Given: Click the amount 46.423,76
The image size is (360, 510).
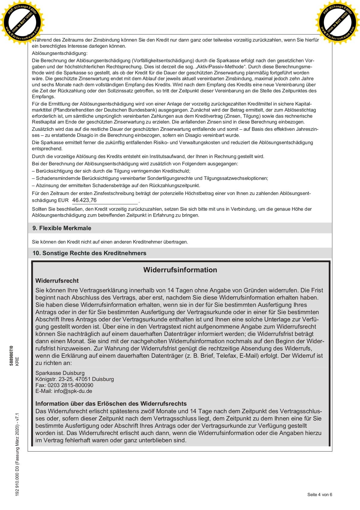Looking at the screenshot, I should coord(84,200).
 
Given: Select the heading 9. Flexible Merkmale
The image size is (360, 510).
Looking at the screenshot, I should coord(62,228).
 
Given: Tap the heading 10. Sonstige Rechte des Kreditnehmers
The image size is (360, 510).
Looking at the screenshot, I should coord(89,253).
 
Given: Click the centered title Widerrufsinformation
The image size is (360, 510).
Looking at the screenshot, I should coord(180,270).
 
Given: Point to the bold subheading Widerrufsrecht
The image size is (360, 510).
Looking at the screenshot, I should coord(57,280).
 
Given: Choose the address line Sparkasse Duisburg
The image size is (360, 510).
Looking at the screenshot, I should coord(60,373).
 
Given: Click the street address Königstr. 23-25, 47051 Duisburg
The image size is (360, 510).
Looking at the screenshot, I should coord(75,379).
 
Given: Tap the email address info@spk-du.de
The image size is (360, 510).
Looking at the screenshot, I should coord(73,391).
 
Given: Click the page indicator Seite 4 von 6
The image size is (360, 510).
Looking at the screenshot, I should coord(320,494).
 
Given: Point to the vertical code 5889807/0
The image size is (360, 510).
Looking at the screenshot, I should coord(11,355).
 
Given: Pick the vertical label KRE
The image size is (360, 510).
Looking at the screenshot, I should coord(17,361).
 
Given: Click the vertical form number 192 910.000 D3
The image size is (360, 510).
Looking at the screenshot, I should coord(17,480).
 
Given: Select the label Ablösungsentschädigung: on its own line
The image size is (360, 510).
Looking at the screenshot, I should coord(60,53).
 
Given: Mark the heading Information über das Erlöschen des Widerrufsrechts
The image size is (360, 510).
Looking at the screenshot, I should coord(111,403).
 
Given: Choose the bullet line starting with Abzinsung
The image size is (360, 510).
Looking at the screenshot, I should coord(116,185).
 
